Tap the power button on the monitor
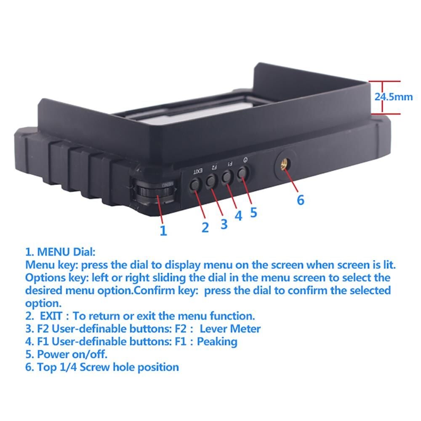(x=243, y=173)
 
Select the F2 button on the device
(x=211, y=180)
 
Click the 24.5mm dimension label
(x=394, y=97)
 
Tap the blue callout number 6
(x=301, y=200)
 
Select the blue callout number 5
(x=253, y=212)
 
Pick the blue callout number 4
(x=238, y=216)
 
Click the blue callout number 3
(x=224, y=224)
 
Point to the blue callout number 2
(x=205, y=228)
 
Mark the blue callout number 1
(x=163, y=231)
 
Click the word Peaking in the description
(x=217, y=342)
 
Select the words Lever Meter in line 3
(x=230, y=329)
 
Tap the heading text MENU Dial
(x=66, y=252)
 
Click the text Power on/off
(x=72, y=354)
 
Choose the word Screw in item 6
(x=95, y=367)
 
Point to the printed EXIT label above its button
(x=198, y=171)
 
